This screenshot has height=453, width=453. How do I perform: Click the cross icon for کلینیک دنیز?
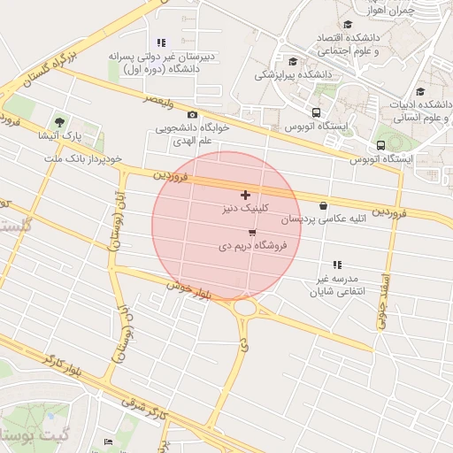tap(245, 195)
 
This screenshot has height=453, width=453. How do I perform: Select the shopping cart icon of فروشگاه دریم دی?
tap(253, 233)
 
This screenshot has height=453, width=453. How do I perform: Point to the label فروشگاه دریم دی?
tap(253, 246)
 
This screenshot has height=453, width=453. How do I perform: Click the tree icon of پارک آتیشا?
tap(60, 121)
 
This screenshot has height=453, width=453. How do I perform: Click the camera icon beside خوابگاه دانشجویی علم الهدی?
tap(192, 115)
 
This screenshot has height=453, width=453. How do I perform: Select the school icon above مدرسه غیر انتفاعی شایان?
tap(336, 265)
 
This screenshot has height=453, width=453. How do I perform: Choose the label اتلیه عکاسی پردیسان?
tap(318, 219)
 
